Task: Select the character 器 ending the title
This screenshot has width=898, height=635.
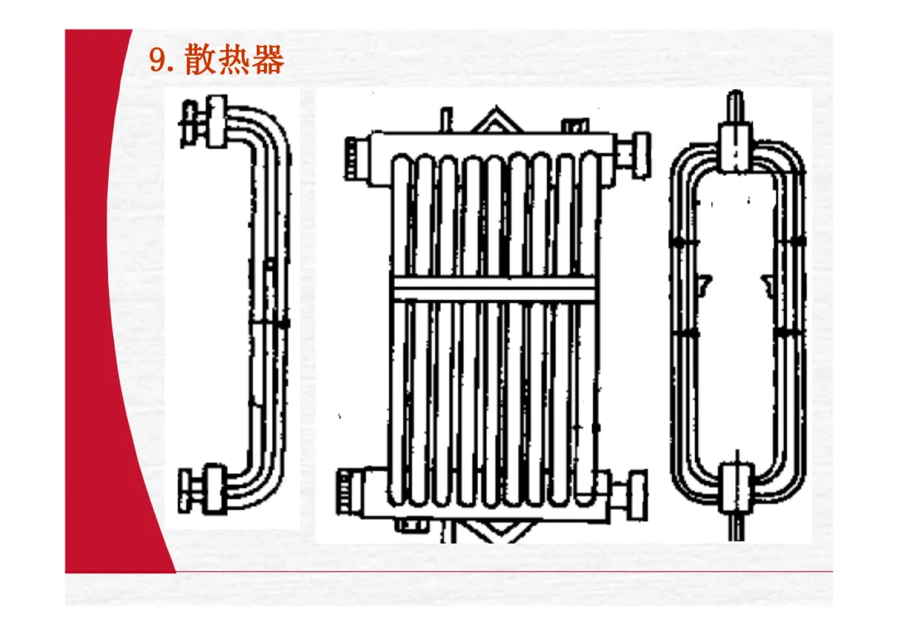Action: pos(268,61)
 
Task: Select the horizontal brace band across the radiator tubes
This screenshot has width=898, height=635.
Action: pos(494,288)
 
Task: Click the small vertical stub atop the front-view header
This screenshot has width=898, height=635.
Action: pos(445,120)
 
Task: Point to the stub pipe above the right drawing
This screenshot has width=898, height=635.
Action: pos(736,106)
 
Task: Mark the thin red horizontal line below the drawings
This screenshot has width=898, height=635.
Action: pos(499,572)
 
